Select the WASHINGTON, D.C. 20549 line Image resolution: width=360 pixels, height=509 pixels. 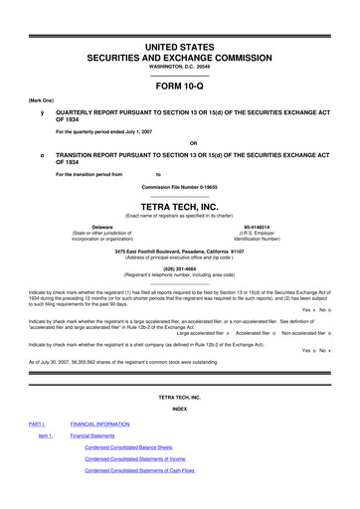[x=180, y=52]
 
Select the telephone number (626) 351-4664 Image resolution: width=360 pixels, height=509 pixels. [x=180, y=268]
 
